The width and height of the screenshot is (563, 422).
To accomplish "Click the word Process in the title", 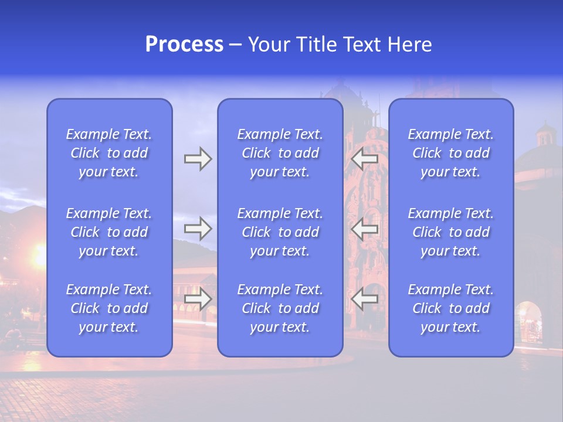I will (x=184, y=45).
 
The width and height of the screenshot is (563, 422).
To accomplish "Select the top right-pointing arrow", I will (x=198, y=159).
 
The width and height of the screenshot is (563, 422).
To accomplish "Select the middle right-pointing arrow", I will (x=198, y=229).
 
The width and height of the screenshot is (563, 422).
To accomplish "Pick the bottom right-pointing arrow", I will (x=198, y=299).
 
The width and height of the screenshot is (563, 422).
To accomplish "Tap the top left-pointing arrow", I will (x=365, y=159).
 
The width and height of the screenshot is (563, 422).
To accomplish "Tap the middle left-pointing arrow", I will (x=365, y=229).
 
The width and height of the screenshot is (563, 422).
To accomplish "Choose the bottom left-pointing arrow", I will (x=365, y=299).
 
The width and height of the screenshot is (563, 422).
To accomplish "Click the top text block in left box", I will (x=109, y=153).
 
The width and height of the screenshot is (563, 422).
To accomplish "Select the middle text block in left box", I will (x=109, y=232).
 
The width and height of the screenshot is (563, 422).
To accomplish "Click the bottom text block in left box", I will (x=109, y=308).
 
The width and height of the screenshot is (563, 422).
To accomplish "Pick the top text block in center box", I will (x=280, y=153).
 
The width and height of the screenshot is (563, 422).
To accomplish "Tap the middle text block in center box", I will (x=280, y=232).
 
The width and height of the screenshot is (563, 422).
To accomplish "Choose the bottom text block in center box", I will (x=280, y=308).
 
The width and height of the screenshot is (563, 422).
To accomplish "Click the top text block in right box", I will (x=451, y=153).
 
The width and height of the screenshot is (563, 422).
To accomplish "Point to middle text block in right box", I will (x=451, y=232).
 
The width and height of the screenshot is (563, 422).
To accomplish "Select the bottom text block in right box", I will (x=451, y=308).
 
